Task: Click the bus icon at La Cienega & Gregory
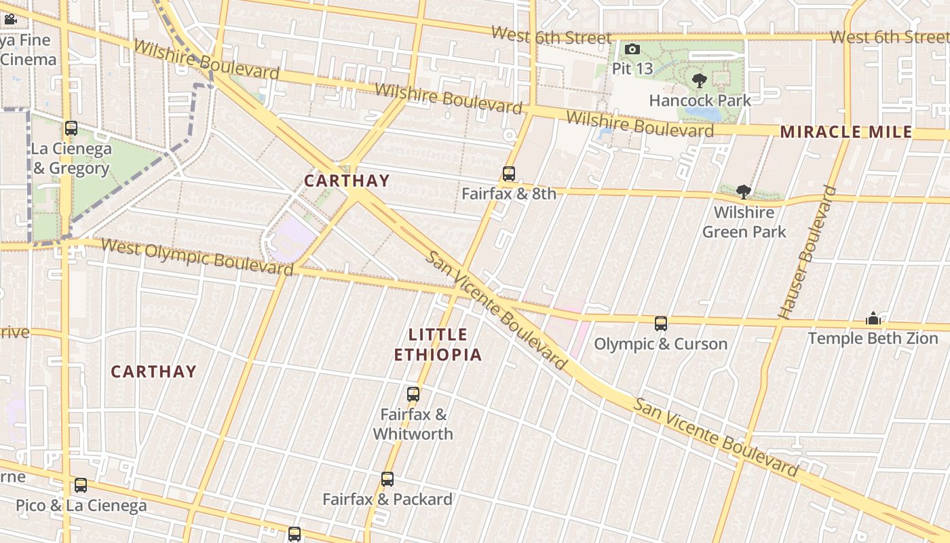pos(71,128)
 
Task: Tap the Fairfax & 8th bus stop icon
pos(509,174)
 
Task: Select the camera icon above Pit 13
pos(632,49)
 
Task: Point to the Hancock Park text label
pos(700,100)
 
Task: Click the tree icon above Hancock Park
pos(700,81)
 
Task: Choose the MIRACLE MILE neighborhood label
pos(846,132)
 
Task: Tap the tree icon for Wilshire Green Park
pos(744,191)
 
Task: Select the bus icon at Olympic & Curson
pos(661,324)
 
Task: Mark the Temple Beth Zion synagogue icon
pos(873,318)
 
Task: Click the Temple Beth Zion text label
pos(873,337)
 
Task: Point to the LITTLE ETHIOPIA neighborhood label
pos(438,344)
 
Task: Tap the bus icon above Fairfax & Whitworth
pos(413,394)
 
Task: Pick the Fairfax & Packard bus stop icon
pos(387,479)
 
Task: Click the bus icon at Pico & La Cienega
pos(81,485)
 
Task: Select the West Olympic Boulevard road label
pos(197,256)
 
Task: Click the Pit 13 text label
pos(632,68)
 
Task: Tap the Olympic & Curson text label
pos(661,343)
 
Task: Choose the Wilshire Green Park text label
pos(744,222)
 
